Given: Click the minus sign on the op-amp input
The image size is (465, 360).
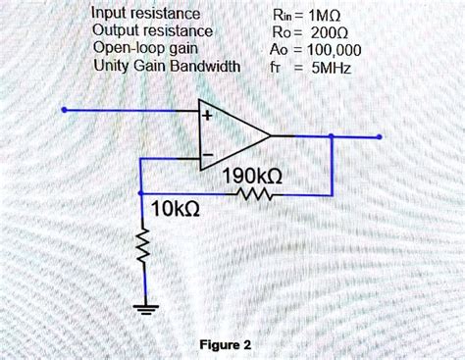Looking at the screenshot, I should click(206, 156).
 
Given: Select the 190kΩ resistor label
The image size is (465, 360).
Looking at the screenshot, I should click(253, 177).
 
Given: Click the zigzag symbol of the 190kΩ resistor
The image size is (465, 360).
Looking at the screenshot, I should click(253, 196).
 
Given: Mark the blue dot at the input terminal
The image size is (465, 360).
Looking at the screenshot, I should click(64, 111).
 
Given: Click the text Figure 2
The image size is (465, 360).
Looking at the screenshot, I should click(226, 345).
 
